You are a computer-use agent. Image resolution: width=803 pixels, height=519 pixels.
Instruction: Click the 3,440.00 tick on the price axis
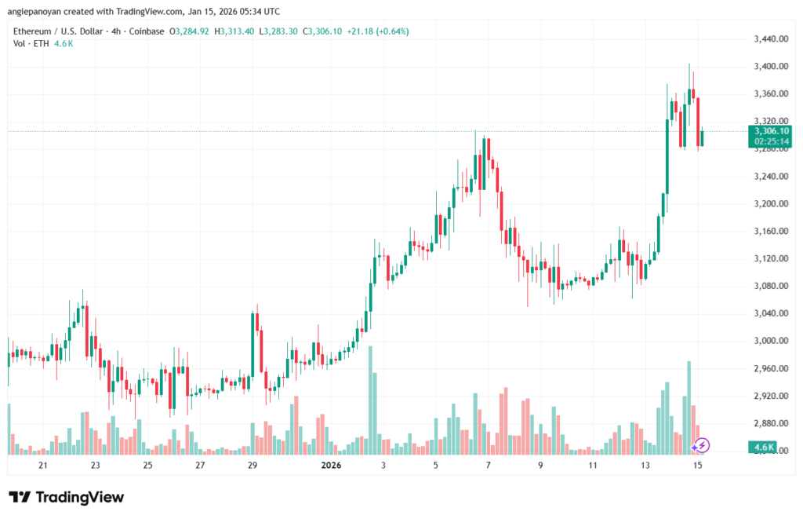click(x=769, y=39)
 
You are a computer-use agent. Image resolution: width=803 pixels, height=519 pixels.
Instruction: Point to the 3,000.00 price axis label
click(x=769, y=341)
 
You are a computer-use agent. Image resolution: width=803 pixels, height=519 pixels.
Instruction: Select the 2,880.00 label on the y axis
click(x=769, y=423)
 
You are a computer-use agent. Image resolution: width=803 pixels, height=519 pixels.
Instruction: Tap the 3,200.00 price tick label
click(x=769, y=204)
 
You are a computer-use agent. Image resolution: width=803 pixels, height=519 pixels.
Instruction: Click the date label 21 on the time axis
click(x=43, y=466)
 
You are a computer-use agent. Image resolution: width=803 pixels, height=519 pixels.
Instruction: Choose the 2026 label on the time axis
click(x=330, y=466)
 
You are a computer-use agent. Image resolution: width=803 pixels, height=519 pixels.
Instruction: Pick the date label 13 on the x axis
click(x=645, y=466)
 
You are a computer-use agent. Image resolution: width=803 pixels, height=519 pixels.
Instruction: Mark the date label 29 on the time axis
click(x=253, y=466)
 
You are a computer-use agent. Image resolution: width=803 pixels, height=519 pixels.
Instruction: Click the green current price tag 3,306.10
click(x=772, y=130)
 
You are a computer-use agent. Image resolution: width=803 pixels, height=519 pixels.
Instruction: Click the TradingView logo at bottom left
click(x=67, y=497)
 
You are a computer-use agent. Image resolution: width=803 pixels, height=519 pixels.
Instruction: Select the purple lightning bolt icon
click(x=702, y=446)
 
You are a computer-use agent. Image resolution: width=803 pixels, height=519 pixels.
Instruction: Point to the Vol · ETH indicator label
click(x=29, y=43)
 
